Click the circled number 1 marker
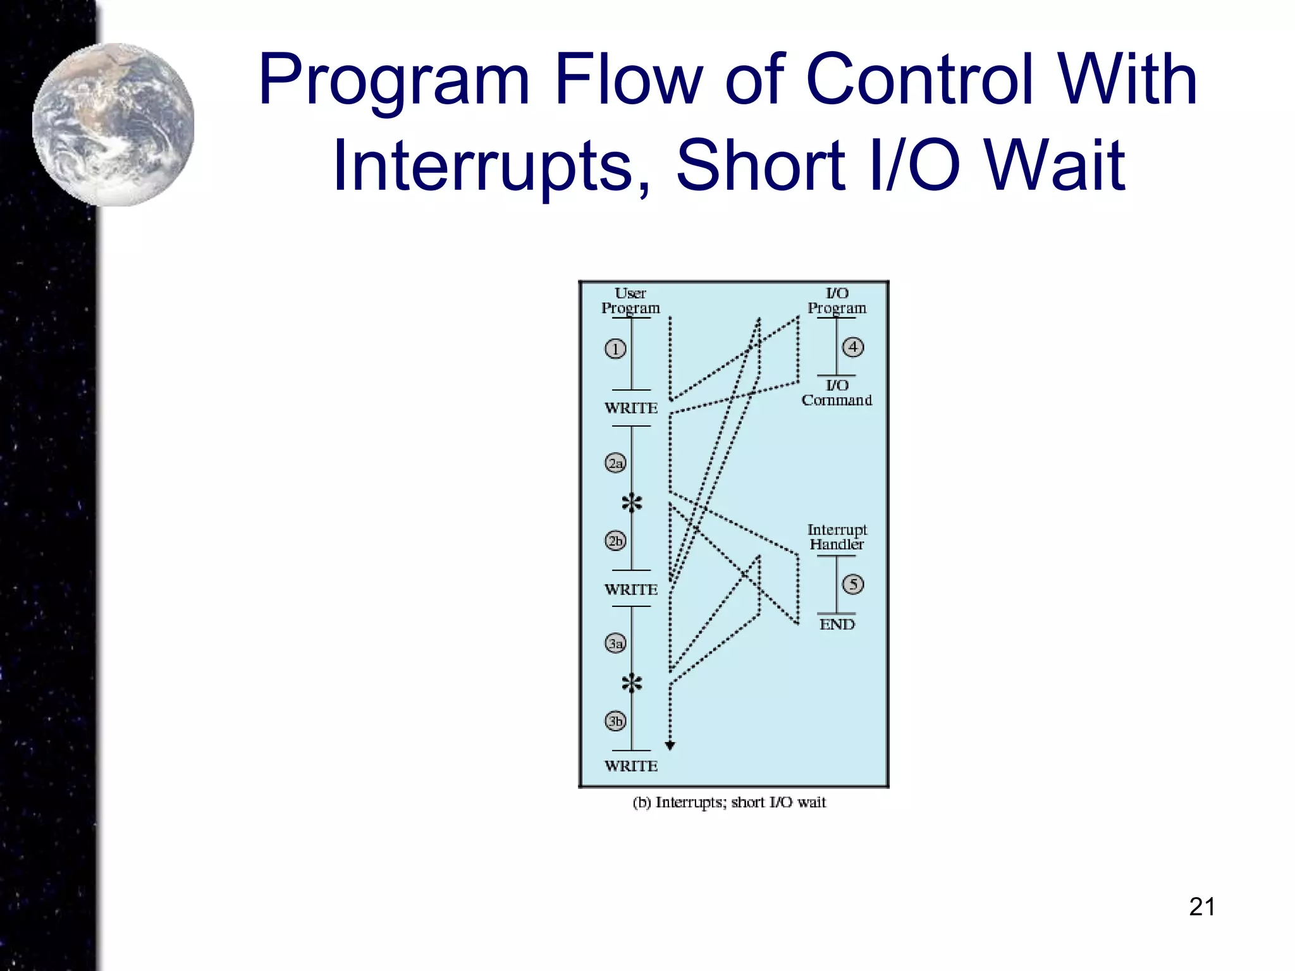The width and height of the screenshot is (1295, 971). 615,349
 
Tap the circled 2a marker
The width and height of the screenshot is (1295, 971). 615,463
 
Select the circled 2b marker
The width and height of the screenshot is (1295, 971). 615,541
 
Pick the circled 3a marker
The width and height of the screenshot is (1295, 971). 615,644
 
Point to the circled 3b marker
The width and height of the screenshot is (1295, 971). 615,721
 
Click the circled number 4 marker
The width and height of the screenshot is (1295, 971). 853,347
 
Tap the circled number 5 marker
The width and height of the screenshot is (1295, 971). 853,584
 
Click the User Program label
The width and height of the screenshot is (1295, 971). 630,301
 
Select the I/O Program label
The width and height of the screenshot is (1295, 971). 837,301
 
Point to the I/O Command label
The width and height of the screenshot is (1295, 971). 837,393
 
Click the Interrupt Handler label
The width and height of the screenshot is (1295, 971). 837,537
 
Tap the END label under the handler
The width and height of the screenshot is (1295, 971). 837,625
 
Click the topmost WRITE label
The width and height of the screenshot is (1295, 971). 631,408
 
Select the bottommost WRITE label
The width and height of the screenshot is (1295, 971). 631,766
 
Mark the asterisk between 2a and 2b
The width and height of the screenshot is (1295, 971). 632,504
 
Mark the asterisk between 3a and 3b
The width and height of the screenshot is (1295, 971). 632,683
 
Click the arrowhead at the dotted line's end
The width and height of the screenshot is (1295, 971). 670,746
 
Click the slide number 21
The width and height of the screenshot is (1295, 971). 1201,907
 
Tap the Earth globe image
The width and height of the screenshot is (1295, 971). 114,125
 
